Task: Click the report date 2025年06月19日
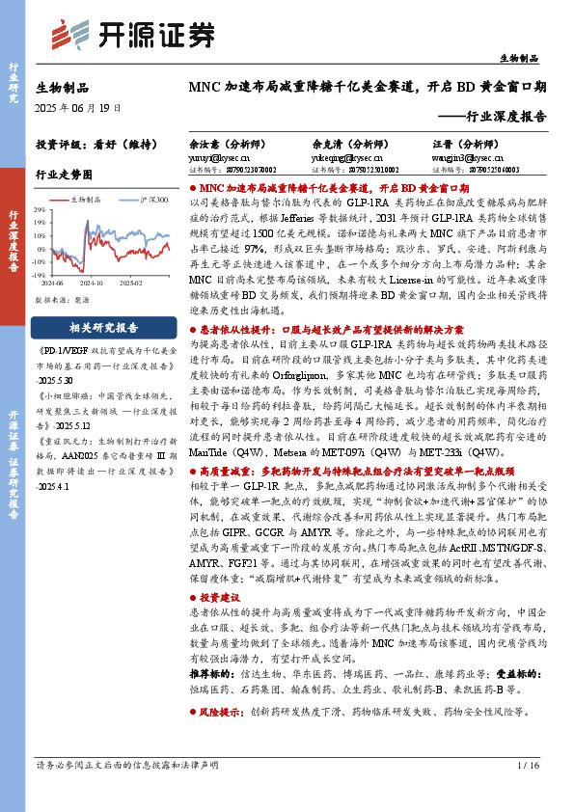click(x=78, y=107)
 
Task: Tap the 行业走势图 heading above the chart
click(x=64, y=175)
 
